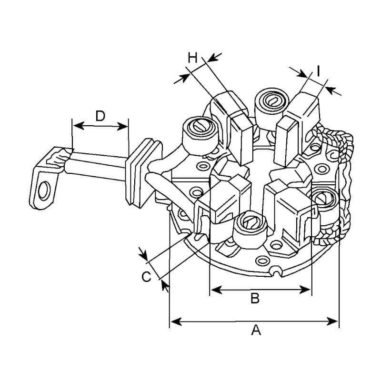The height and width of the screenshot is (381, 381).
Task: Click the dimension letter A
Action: click(256, 330)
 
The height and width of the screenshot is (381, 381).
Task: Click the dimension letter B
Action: click(255, 299)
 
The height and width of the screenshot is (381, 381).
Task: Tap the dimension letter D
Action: click(100, 115)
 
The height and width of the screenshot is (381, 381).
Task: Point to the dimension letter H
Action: click(192, 58)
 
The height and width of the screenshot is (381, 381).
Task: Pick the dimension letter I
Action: click(318, 71)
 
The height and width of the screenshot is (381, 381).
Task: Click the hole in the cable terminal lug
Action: click(45, 189)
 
